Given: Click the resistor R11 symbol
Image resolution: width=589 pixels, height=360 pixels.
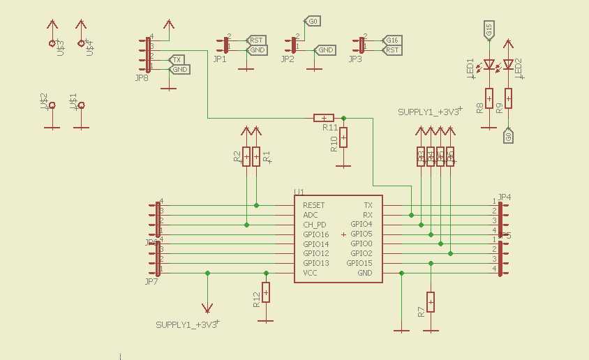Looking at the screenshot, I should (324, 118).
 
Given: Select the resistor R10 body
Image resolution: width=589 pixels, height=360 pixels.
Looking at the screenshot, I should (343, 137).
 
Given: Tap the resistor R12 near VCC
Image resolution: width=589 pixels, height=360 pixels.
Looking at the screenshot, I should (265, 292).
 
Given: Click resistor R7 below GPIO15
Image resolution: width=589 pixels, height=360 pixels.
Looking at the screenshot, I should (431, 301).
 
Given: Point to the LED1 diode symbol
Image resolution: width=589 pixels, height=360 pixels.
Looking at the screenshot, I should (489, 65).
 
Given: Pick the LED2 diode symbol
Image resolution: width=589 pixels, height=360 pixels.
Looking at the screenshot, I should (508, 65).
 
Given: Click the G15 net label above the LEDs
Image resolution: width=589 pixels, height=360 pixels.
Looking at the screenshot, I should (489, 30).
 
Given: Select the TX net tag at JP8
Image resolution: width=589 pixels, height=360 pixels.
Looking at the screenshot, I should (178, 60).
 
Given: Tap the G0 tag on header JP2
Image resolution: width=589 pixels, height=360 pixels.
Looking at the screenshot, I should (313, 22).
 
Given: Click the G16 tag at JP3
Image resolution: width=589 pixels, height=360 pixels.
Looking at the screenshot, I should (392, 40).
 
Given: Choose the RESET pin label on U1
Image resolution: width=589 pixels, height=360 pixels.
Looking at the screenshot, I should (313, 205).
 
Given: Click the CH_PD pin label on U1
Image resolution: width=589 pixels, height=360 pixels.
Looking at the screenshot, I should (314, 225).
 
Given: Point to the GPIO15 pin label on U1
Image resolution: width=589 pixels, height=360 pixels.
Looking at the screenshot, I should (359, 263).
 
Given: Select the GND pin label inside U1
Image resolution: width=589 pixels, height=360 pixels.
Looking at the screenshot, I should (364, 273).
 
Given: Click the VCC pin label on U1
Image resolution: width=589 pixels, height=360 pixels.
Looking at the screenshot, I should (310, 273).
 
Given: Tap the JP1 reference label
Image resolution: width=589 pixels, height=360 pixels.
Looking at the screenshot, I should (220, 59).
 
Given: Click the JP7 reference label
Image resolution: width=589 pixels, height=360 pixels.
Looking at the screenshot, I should (150, 281).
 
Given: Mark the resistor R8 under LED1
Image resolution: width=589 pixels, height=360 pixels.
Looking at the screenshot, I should (489, 99).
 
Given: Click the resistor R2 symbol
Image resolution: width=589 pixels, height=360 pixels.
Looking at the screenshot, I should (246, 156).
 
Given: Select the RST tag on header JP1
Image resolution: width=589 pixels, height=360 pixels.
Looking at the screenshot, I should (256, 40).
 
